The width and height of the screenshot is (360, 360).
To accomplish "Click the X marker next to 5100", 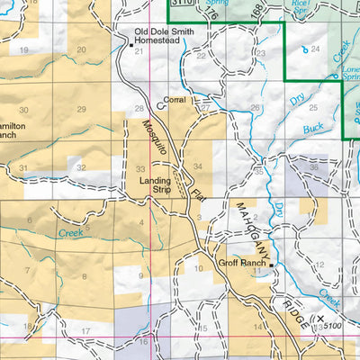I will click(x=320, y=318).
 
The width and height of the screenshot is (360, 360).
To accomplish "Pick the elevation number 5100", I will click(x=333, y=325).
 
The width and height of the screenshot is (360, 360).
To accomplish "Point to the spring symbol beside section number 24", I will click(x=303, y=49).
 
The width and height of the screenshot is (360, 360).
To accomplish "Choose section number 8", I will click(x=85, y=275).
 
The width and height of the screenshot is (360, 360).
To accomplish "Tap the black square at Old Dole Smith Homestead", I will click(x=126, y=40).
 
